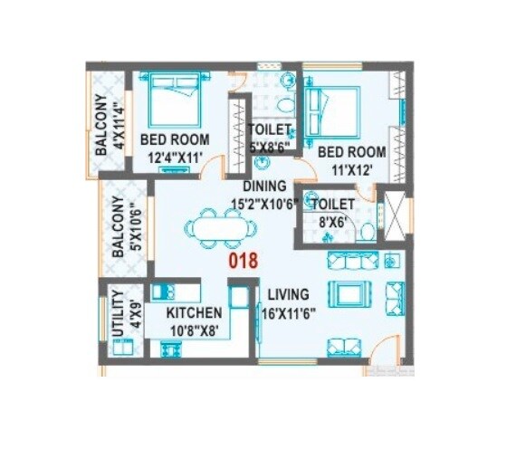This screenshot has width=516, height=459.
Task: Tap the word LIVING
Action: (x=288, y=295)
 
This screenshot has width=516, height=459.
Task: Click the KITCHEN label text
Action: (x=194, y=313)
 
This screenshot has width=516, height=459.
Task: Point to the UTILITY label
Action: (x=115, y=313)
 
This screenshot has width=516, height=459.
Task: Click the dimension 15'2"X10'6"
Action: (x=265, y=204)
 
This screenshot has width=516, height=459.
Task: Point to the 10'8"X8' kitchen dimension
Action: (x=194, y=330)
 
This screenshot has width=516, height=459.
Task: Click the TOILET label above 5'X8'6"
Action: (x=270, y=129)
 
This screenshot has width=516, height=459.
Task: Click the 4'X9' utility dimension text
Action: (x=132, y=313)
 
